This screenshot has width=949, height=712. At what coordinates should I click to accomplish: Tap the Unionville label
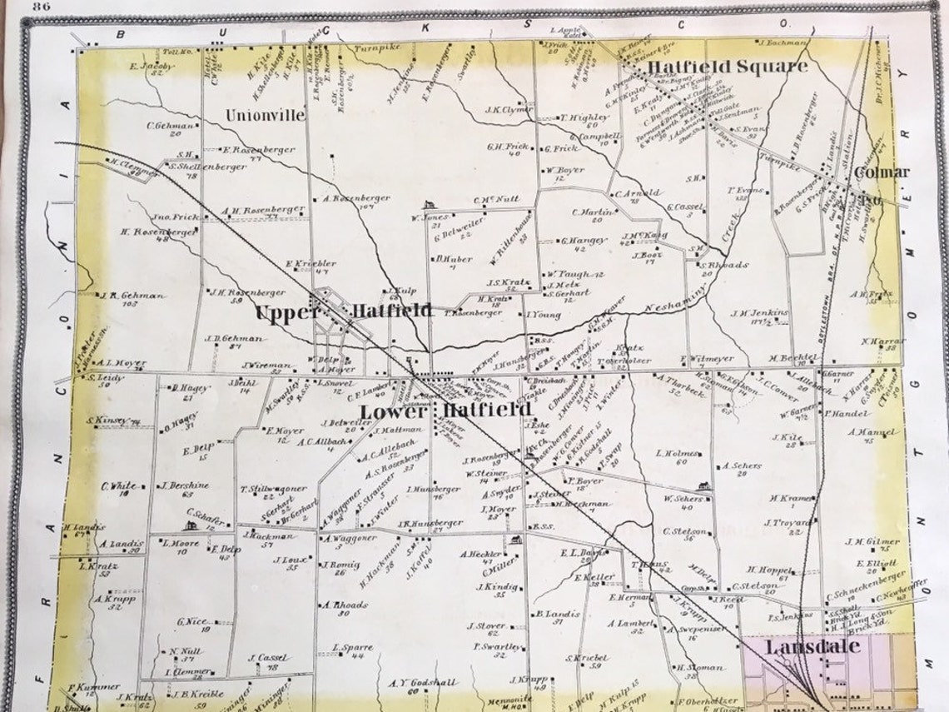(265, 116)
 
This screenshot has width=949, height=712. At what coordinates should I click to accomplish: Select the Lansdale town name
(802, 647)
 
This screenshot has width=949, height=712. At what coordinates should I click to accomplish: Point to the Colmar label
(882, 172)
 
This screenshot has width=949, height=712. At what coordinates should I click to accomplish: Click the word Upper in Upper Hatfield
(286, 312)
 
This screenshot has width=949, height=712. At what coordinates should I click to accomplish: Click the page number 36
(42, 7)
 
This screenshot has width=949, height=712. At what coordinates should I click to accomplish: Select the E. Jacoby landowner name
(151, 65)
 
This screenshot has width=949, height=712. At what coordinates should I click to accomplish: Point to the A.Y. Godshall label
(423, 684)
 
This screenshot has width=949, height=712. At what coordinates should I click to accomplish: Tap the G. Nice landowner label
(192, 620)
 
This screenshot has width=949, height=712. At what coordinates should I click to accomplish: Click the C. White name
(119, 486)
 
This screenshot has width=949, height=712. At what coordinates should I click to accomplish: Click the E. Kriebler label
(311, 264)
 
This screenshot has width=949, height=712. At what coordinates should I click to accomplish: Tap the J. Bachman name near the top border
(783, 42)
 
